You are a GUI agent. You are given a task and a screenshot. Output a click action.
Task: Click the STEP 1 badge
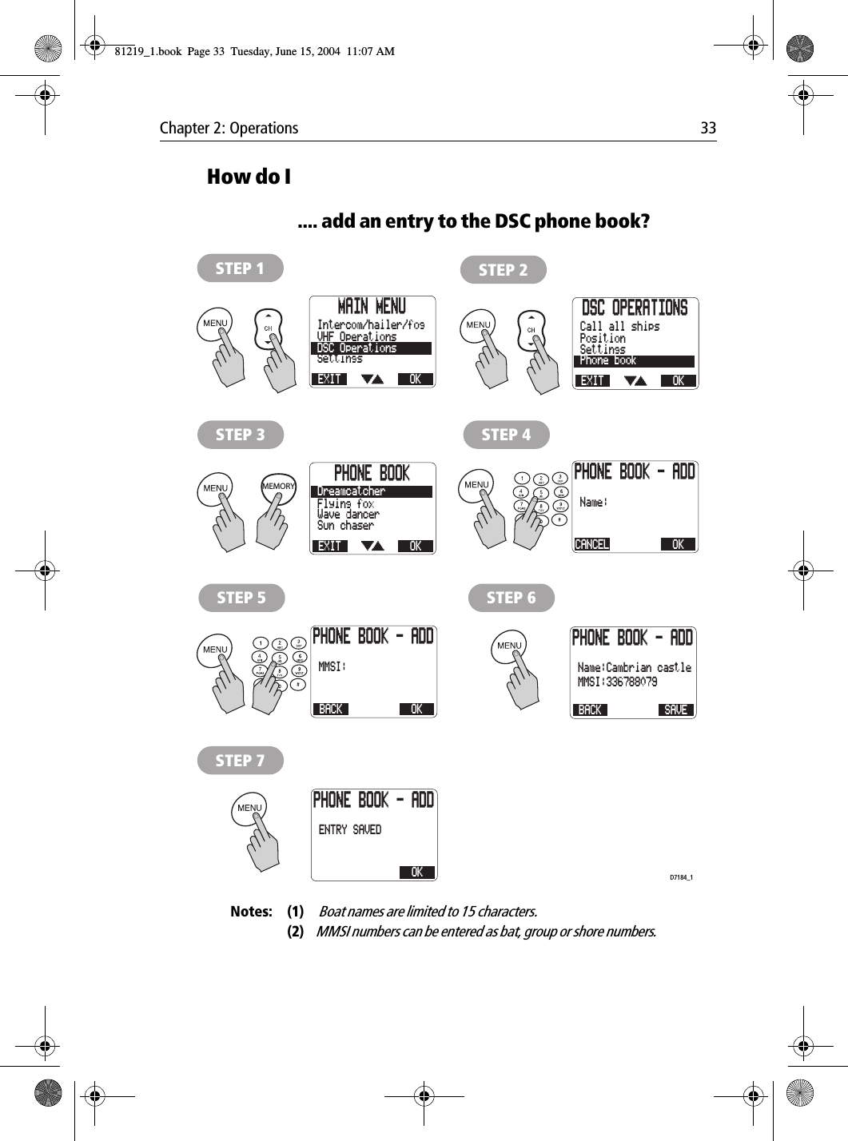pos(240,268)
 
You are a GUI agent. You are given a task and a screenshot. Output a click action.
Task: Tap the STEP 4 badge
pos(506,435)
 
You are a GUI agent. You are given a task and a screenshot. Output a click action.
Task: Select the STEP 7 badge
pos(240,761)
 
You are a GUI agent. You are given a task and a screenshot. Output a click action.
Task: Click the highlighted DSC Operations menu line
pos(371,348)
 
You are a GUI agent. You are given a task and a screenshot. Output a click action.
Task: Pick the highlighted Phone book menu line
pos(634,361)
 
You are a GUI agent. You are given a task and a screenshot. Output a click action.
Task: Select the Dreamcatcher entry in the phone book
pos(371,491)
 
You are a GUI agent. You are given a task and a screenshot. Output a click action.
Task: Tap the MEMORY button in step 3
pos(278,487)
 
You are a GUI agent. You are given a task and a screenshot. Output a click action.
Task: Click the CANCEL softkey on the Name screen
pos(592,545)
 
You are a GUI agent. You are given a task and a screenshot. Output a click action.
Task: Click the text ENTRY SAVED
pos(350,830)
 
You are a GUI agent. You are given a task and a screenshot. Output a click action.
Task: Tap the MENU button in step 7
pos(249,808)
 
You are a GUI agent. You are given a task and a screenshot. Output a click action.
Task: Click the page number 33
pos(708,128)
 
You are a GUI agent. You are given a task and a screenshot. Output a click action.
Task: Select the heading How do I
pos(249,177)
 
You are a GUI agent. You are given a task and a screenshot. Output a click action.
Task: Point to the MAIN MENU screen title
pos(372,307)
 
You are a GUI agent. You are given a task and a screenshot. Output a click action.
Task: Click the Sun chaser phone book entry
pos(345,526)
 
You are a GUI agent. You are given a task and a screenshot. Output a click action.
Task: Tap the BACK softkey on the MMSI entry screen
pos(330,710)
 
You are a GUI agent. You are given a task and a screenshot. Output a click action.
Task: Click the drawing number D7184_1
pos(681,877)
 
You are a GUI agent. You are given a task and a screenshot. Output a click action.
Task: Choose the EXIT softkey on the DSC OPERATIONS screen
pos(592,381)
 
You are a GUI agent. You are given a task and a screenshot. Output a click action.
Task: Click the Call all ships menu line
pos(619,327)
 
